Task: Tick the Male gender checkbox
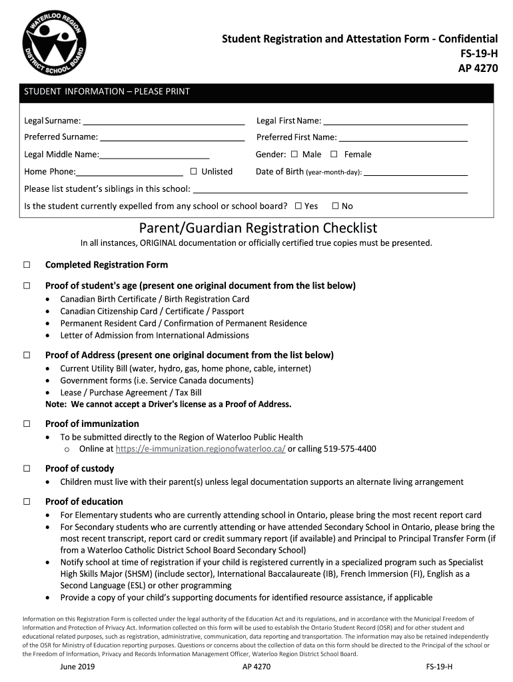coord(294,155)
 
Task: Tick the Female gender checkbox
coord(334,155)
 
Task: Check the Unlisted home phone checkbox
coord(193,172)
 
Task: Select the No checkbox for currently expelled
coord(335,206)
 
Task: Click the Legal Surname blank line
coord(163,123)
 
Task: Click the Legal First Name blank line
coord(395,123)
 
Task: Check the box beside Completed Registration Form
coord(27,265)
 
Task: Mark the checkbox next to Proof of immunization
coord(27,424)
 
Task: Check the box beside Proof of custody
coord(27,468)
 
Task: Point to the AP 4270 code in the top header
coord(477,68)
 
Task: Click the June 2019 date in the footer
coord(77,667)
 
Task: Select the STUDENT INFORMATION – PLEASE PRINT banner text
coord(107,92)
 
